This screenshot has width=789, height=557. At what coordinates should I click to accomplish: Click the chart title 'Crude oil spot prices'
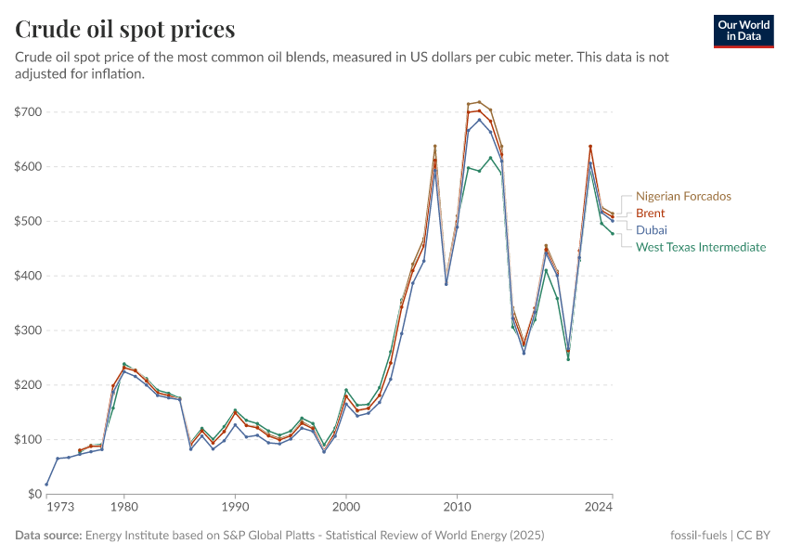pos(125,30)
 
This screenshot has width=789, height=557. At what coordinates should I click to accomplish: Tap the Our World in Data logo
pos(744,30)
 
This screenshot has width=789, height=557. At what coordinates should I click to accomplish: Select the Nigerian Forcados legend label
pos(683,197)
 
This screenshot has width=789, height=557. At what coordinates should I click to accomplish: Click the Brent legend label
pos(650,214)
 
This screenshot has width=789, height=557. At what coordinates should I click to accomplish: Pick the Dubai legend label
pos(651,230)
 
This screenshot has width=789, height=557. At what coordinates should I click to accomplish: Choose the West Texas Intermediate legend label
pos(701,247)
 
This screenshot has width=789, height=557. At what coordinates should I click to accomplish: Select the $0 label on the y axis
pos(33,494)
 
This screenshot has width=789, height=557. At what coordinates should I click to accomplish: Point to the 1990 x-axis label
pos(235,507)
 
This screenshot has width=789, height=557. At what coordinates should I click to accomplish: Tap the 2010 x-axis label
pos(457,507)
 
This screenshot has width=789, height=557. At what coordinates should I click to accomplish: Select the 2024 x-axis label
pos(600,507)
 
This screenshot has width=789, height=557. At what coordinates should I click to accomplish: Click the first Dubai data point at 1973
pos(46,484)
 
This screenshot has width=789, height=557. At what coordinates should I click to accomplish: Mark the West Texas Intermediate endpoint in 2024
pos(613,234)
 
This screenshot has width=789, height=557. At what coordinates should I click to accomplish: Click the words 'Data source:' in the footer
pos(48,536)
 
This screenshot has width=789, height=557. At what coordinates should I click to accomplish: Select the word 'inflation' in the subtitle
pos(116,74)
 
